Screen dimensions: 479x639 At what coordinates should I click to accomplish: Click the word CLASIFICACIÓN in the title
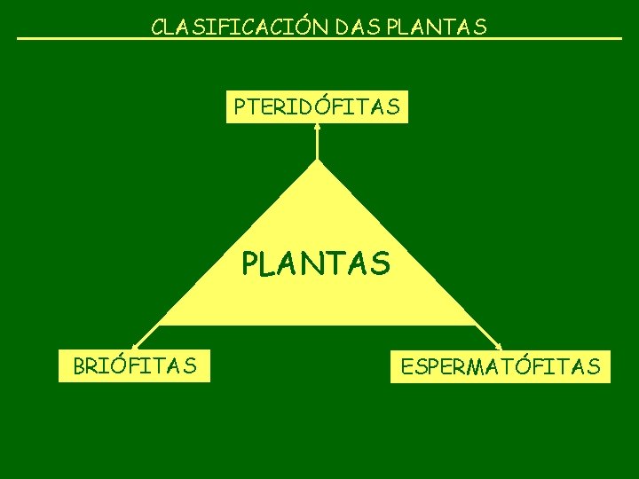pos(240,27)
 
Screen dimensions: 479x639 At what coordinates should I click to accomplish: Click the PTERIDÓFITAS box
pos(317,106)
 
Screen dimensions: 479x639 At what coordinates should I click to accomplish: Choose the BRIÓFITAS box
pos(135,365)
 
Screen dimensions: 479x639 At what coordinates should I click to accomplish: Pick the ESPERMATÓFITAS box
pos(501,365)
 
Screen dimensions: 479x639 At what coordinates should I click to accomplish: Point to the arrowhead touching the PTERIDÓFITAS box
pos(317,127)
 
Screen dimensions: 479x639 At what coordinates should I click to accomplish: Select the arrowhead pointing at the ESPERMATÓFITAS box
pos(499,344)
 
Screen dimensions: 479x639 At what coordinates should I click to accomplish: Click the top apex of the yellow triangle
pos(317,162)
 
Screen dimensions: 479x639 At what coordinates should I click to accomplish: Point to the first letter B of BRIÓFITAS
pos(79,365)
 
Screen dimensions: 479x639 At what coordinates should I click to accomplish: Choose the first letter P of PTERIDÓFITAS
pos(240,107)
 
